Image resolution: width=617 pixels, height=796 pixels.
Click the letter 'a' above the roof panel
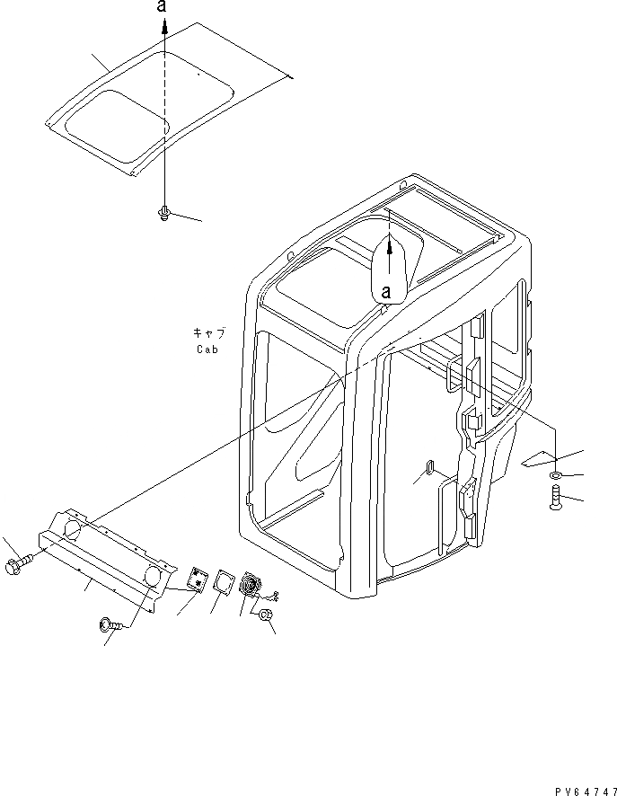tap(162, 6)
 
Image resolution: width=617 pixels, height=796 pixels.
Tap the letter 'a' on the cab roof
tap(387, 291)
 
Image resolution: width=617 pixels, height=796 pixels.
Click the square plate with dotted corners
tap(197, 580)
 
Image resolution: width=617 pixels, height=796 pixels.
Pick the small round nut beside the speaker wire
tap(267, 616)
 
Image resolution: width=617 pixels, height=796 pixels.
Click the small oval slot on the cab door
tap(428, 467)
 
